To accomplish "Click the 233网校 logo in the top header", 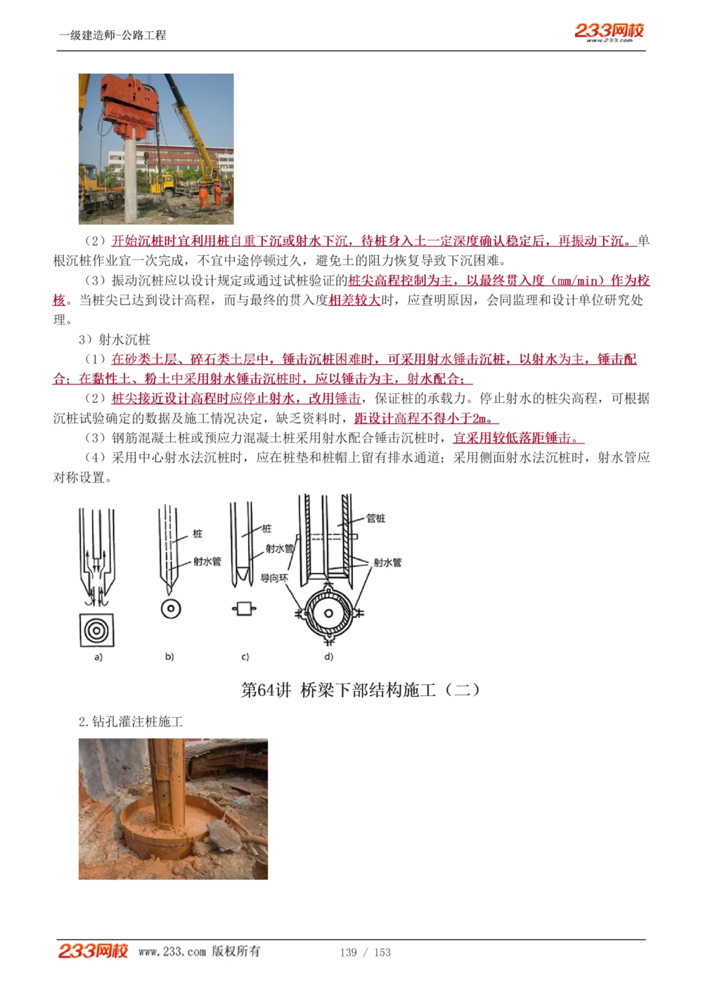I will pos(609,32).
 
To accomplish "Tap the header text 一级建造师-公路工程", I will pos(112,35).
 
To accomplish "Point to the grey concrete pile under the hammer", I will pos(131,179).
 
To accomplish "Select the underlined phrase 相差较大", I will pos(354,300).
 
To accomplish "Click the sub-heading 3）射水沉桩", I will pos(115,340).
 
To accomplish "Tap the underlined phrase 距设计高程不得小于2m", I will pos(426,418).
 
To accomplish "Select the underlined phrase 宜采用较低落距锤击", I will pos(517,438).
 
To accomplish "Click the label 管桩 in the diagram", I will pos(376,518).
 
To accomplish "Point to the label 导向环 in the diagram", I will pos(274,578).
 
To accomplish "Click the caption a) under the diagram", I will pos(98,657).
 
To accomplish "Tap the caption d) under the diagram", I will pos(328,657).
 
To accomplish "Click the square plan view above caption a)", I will pos(96,630).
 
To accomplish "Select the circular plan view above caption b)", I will pos(170,609).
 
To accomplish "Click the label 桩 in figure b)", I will pos(198,534).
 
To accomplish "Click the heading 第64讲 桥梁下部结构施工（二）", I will pos(361,690).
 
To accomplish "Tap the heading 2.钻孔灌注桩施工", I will pos(131,721).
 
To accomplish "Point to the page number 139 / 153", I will pos(365,952).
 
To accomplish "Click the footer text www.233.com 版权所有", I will pos(199,951).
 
